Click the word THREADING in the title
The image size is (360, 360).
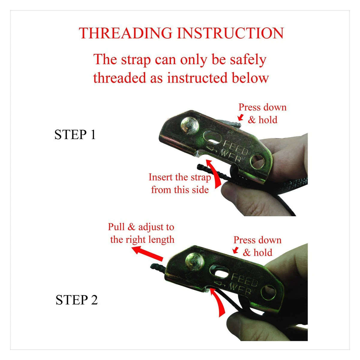pos(125,33)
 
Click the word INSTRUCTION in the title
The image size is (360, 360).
pos(230,33)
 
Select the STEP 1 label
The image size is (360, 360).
pos(75,134)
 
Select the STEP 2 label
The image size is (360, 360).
pos(76,300)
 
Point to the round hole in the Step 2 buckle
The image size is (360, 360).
pos(268,293)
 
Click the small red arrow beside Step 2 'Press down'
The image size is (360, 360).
pos(235,250)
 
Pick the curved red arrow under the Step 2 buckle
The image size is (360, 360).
pos(219,304)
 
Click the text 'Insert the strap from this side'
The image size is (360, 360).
pos(180,183)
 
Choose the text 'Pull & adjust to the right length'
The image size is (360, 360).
pos(141,233)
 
